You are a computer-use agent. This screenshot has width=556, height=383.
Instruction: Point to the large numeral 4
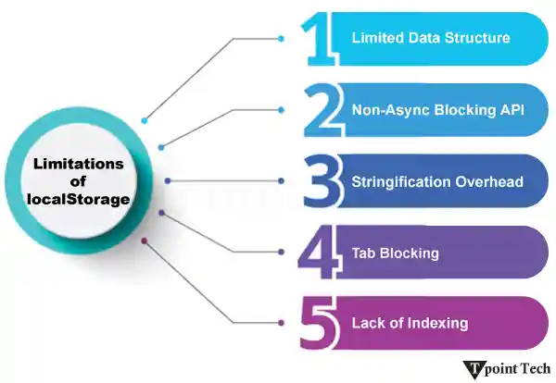click(x=321, y=252)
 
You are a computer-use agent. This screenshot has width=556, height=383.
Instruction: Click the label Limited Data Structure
click(x=430, y=39)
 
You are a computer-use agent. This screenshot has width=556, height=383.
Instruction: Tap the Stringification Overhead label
click(x=437, y=181)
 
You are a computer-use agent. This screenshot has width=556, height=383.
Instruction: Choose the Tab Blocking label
click(x=395, y=253)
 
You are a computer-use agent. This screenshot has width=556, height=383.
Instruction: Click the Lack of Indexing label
click(x=410, y=324)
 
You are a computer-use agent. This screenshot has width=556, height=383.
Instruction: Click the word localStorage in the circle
click(x=78, y=197)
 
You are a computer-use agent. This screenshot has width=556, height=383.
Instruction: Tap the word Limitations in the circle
click(x=78, y=164)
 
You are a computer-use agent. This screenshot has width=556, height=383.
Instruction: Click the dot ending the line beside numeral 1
click(x=281, y=38)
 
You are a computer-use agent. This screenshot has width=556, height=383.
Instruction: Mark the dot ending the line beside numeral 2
click(x=281, y=109)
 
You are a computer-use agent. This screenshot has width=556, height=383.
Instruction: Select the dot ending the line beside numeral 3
click(x=281, y=180)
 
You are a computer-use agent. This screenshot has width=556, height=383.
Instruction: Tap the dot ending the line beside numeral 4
click(x=281, y=252)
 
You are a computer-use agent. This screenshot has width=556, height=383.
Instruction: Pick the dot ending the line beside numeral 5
click(x=281, y=323)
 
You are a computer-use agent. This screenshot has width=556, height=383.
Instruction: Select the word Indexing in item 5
click(x=439, y=324)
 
